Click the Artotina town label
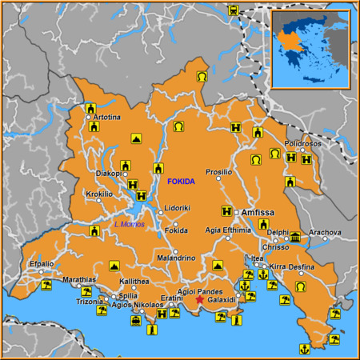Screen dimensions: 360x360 click(107, 118)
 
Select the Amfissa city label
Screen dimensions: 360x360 click(258, 212)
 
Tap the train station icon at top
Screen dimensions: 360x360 click(233, 11)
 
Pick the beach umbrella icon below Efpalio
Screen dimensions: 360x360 click(46, 284)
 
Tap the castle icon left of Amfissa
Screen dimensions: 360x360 click(227, 212)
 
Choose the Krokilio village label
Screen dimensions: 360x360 click(99, 194)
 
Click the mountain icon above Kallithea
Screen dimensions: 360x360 click(114, 265)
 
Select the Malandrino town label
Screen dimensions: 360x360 click(175, 258)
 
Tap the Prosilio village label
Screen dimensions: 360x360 click(218, 172)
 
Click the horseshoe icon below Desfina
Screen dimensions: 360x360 click(300, 286)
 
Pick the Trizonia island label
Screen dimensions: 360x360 click(89, 302)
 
